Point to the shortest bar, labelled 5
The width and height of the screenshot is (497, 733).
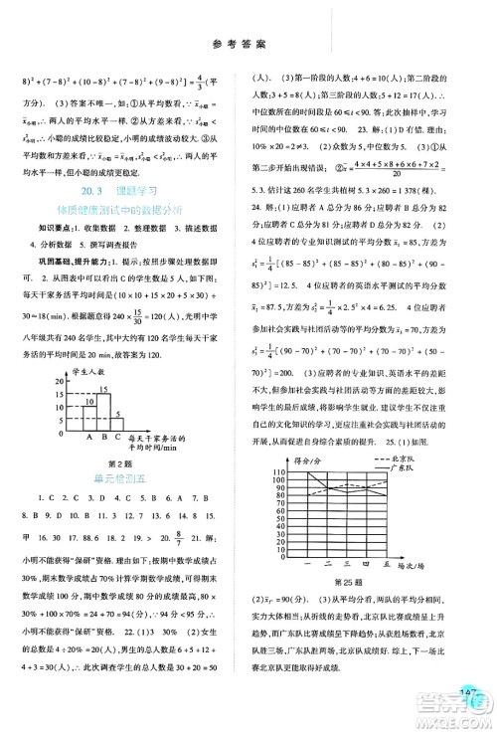coord(116,414)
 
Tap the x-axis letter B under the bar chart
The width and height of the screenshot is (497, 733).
coord(102,434)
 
